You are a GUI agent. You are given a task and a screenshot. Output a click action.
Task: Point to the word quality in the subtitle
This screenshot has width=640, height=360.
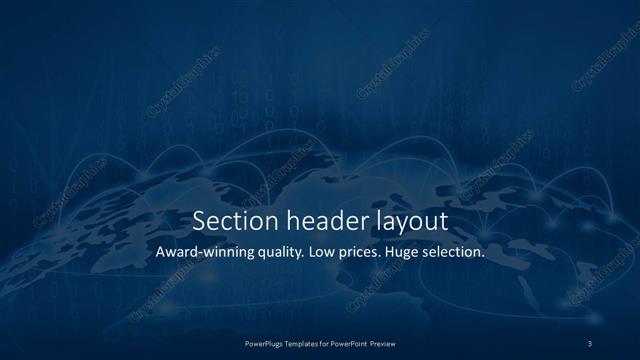289,254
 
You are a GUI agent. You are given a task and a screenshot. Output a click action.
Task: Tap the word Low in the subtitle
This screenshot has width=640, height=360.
335,253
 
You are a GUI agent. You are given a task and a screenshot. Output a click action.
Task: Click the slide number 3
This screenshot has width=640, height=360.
591,343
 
